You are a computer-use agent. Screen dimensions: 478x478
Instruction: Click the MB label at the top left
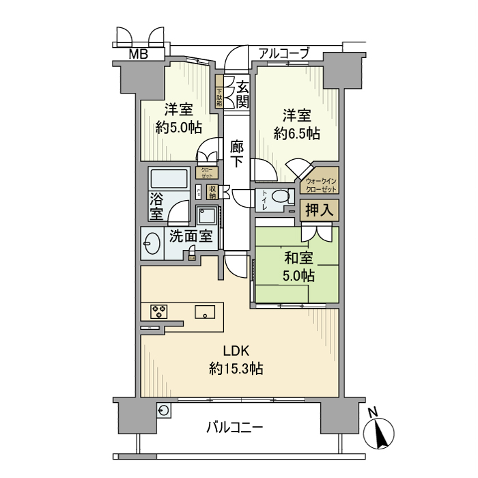click(x=139, y=55)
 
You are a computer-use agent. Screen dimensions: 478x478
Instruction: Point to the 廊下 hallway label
click(x=237, y=154)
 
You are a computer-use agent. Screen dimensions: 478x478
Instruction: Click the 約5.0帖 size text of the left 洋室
click(x=178, y=127)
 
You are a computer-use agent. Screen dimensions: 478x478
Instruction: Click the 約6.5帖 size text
click(x=296, y=134)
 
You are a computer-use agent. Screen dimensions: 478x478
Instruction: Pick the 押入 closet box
click(x=319, y=210)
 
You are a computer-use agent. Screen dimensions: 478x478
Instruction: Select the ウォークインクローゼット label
click(x=319, y=184)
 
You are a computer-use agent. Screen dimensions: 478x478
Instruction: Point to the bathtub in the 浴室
click(x=168, y=181)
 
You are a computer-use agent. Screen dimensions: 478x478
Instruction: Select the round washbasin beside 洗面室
click(x=150, y=243)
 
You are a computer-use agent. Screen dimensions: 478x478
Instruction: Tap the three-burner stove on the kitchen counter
click(x=160, y=312)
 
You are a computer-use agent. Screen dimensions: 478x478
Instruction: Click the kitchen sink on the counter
click(x=205, y=312)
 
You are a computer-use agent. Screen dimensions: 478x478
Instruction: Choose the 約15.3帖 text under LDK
click(x=236, y=369)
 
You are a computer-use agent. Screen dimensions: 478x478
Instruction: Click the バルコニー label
click(x=234, y=428)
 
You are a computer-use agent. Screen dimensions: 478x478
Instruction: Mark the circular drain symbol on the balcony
click(x=164, y=410)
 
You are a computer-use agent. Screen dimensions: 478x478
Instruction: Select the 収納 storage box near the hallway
click(x=212, y=193)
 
